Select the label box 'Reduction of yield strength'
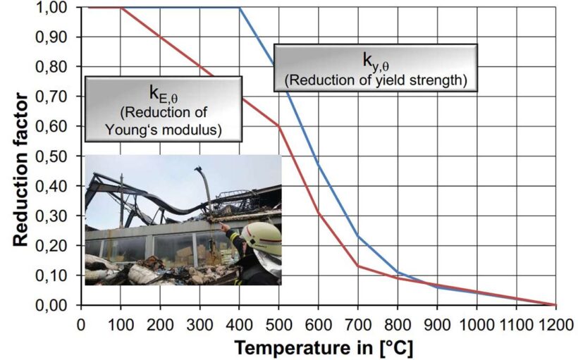pyautogui.click(x=376, y=68)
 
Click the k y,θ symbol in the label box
pyautogui.click(x=375, y=59)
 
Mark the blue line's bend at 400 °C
pyautogui.click(x=240, y=8)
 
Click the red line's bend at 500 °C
pyautogui.click(x=279, y=127)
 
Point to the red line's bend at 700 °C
pyautogui.click(x=358, y=266)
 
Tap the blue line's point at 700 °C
pyautogui.click(x=358, y=236)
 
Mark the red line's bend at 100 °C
pyautogui.click(x=121, y=8)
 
